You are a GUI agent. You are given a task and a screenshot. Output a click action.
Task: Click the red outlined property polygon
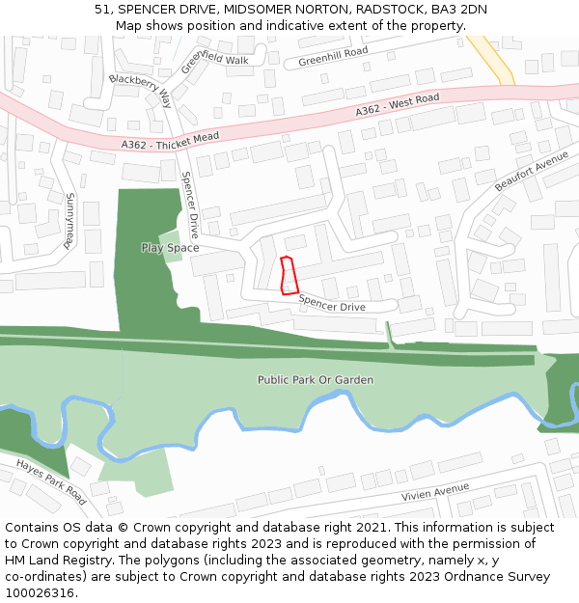click(287, 275)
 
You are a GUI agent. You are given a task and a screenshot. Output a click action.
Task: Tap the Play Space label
click(170, 248)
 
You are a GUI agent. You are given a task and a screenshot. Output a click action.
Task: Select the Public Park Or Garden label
click(315, 380)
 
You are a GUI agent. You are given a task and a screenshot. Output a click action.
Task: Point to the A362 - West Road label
click(397, 105)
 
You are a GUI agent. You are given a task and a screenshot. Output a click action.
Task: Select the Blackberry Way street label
click(140, 90)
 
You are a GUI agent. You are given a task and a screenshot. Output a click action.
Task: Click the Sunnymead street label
click(69, 221)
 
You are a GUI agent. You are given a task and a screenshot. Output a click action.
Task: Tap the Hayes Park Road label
click(51, 481)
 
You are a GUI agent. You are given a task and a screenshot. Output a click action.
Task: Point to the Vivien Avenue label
click(434, 493)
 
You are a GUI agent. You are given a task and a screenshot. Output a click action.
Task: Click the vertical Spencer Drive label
click(190, 206)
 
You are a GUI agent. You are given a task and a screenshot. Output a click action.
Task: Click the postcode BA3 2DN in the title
click(458, 10)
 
